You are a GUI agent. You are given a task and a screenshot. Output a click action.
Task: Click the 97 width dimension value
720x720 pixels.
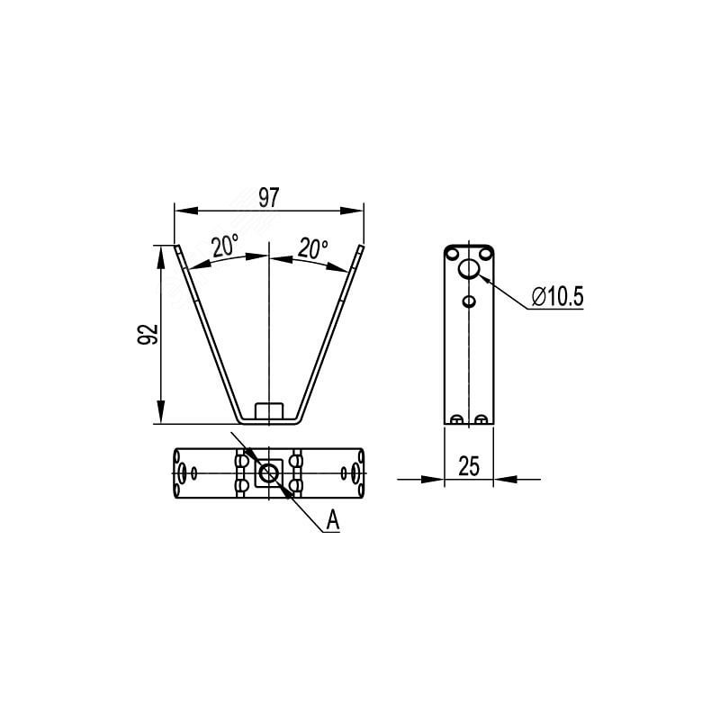coord(268,197)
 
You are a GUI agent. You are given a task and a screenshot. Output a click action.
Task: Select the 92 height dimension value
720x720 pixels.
coord(148,334)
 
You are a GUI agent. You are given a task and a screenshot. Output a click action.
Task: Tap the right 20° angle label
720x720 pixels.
coord(312,248)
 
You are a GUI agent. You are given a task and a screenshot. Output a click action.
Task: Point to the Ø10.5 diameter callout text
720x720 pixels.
coord(557,296)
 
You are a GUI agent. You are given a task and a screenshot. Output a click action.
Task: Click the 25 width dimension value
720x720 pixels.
coord(469,465)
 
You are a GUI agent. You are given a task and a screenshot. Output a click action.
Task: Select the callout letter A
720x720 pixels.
coord(332,520)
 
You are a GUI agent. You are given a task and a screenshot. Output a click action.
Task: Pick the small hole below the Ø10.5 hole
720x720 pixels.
coord(469,301)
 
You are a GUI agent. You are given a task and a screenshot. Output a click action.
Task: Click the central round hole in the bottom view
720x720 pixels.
coord(268,472)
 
